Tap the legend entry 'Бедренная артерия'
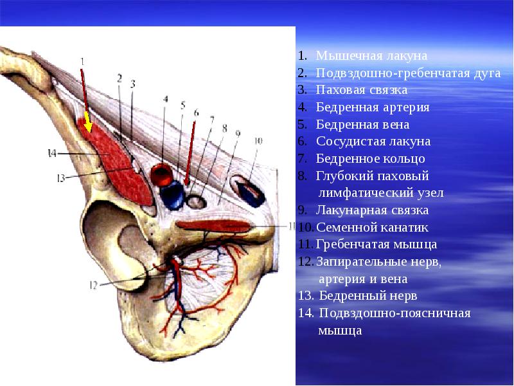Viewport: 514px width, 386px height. coord(373,107)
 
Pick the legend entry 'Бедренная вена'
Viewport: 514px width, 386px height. coord(362,124)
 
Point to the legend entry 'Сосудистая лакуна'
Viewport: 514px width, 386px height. coord(373,142)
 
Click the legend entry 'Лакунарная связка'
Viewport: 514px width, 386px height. coord(372,210)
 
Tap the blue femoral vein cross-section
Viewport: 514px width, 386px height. coord(172,194)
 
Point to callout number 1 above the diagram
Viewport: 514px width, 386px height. coord(82,61)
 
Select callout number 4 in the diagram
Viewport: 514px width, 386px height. coord(165,100)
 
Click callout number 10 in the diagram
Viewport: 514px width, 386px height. coord(258,140)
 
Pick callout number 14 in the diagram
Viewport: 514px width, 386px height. coord(52,153)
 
